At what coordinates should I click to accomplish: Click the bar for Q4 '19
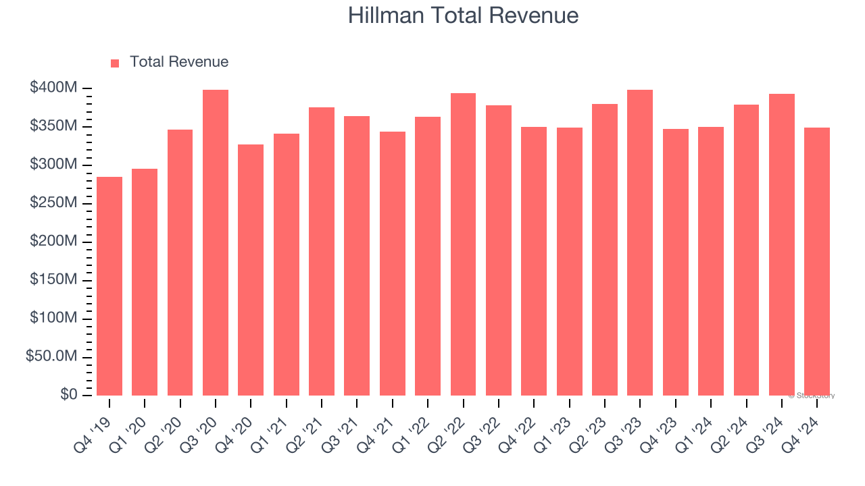pos(109,286)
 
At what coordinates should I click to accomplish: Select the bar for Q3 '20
pos(216,242)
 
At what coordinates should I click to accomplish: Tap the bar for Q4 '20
pos(251,270)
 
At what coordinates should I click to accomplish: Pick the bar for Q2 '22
pos(463,244)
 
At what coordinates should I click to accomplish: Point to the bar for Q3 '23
pos(640,242)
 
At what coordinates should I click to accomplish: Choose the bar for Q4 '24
pos(817,261)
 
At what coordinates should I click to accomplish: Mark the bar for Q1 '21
pos(287,265)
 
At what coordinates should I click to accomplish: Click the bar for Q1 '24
pos(711,261)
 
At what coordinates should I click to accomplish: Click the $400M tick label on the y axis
pos(53,88)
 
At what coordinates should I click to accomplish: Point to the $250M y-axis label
pos(53,203)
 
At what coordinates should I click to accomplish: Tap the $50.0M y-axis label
pos(51,356)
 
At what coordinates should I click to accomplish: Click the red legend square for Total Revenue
pos(115,63)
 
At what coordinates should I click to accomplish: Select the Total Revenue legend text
pos(179,62)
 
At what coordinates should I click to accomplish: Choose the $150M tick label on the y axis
pos(53,280)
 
